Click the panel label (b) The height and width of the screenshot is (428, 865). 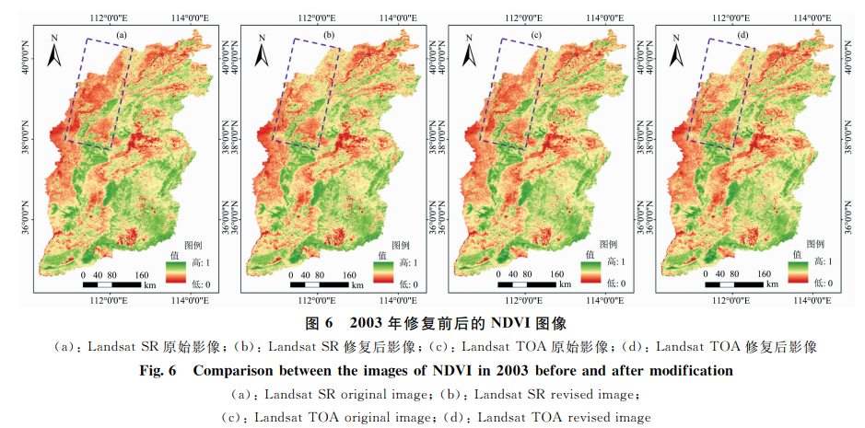coord(328,36)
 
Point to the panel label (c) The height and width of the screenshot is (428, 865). coord(536,36)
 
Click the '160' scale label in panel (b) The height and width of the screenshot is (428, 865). coord(350,273)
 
